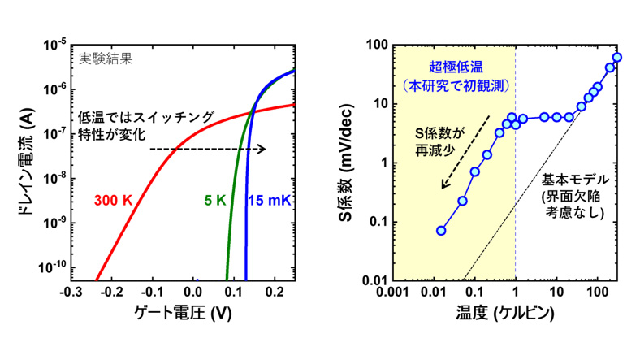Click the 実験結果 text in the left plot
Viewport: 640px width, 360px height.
pyautogui.click(x=106, y=59)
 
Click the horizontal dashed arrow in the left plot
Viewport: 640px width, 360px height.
pyautogui.click(x=208, y=149)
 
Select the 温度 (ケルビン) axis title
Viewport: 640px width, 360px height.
pyautogui.click(x=504, y=313)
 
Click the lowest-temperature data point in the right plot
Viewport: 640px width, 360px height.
pyautogui.click(x=441, y=231)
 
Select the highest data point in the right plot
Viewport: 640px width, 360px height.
pyautogui.click(x=617, y=58)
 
